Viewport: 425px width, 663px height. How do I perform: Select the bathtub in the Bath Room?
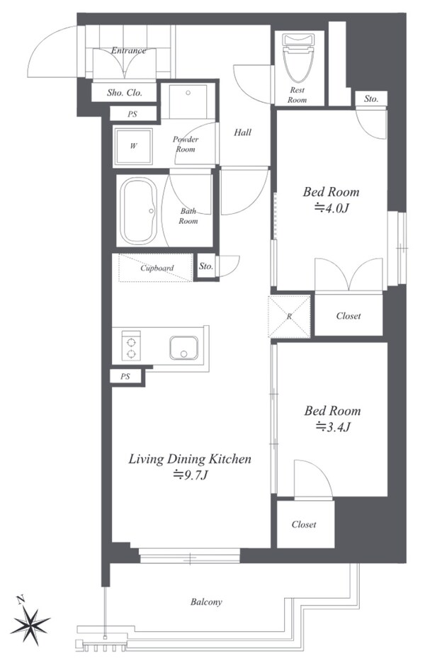pyautogui.click(x=139, y=211)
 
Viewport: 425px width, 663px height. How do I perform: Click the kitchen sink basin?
pyautogui.click(x=183, y=348)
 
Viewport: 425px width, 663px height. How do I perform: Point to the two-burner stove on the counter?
pyautogui.click(x=131, y=346)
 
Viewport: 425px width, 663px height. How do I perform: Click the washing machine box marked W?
pyautogui.click(x=133, y=147)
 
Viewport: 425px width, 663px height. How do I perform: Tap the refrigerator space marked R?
pyautogui.click(x=289, y=317)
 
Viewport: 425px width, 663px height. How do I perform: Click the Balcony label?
pyautogui.click(x=206, y=601)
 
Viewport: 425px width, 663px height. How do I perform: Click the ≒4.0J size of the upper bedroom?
pyautogui.click(x=331, y=208)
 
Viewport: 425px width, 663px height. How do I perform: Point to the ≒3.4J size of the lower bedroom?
pyautogui.click(x=333, y=426)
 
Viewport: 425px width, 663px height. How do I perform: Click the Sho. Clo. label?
pyautogui.click(x=125, y=93)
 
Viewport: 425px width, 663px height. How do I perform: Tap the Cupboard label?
pyautogui.click(x=157, y=268)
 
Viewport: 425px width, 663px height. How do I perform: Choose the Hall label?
pyautogui.click(x=242, y=132)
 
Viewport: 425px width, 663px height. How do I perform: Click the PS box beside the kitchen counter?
pyautogui.click(x=125, y=376)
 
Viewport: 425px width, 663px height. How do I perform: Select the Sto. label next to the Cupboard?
pyautogui.click(x=206, y=266)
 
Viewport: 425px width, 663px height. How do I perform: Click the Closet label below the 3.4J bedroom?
pyautogui.click(x=304, y=524)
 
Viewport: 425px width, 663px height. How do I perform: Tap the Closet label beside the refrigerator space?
pyautogui.click(x=348, y=316)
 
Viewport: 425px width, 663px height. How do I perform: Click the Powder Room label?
pyautogui.click(x=185, y=144)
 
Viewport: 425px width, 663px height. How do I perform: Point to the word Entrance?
pyautogui.click(x=128, y=51)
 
